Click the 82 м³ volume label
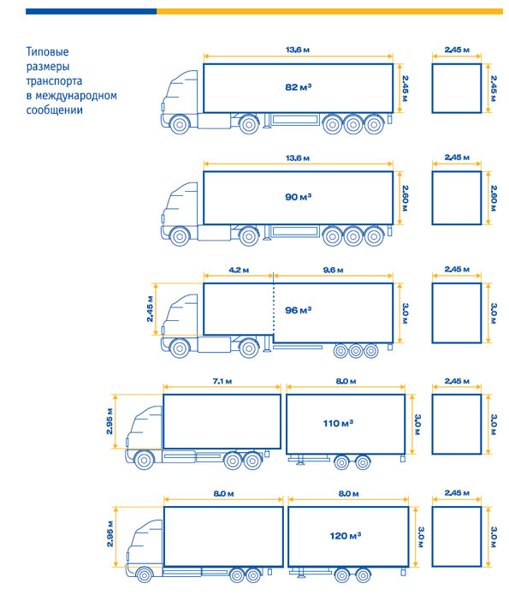(x=298, y=87)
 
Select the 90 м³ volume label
(x=298, y=197)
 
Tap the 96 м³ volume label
(x=298, y=310)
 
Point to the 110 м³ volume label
(x=338, y=423)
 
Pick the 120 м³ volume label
(x=345, y=535)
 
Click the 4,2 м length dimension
(x=239, y=271)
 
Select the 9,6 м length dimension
(x=334, y=271)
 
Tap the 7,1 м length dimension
(x=222, y=381)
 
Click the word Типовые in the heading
(x=48, y=51)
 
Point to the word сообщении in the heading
(x=55, y=110)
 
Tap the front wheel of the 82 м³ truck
(x=180, y=124)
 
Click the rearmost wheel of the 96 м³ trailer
(x=370, y=351)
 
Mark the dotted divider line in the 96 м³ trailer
(x=274, y=309)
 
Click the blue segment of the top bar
(x=92, y=11)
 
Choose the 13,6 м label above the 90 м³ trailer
(x=298, y=158)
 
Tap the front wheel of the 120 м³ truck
(x=145, y=575)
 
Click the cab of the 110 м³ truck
(x=145, y=429)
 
